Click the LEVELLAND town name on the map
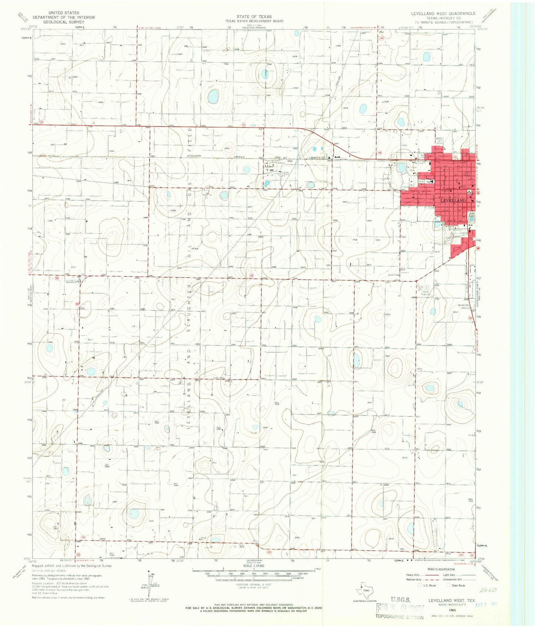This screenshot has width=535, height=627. click(453, 200)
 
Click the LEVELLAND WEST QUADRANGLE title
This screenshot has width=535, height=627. click(443, 13)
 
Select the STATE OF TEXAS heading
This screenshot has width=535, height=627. click(254, 17)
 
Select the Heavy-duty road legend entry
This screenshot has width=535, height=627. click(414, 575)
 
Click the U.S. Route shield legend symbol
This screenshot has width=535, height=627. click(420, 585)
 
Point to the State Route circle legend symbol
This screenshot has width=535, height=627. click(449, 585)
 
